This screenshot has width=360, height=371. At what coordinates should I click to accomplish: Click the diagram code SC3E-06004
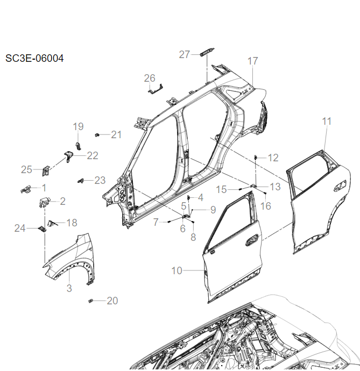(34, 58)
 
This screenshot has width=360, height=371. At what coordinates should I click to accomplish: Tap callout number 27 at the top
(185, 54)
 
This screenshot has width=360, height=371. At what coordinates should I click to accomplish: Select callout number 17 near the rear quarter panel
(253, 61)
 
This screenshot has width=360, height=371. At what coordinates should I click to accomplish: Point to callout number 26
(150, 79)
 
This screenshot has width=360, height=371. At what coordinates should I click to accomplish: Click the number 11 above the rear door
(327, 122)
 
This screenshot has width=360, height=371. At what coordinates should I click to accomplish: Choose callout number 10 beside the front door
(177, 270)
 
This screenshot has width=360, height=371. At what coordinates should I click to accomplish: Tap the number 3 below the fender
(69, 288)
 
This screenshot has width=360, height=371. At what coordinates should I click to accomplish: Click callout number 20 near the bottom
(112, 301)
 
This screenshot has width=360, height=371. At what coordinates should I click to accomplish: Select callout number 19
(79, 126)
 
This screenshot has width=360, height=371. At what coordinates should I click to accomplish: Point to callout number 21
(117, 134)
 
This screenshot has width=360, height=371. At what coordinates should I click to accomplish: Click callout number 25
(27, 169)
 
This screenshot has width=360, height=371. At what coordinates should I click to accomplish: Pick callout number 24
(20, 229)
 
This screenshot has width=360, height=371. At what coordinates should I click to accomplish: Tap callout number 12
(273, 158)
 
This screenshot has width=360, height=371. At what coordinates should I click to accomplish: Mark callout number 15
(222, 189)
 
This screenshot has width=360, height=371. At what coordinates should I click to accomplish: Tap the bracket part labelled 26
(156, 88)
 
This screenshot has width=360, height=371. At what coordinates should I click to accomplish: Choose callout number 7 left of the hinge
(156, 222)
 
